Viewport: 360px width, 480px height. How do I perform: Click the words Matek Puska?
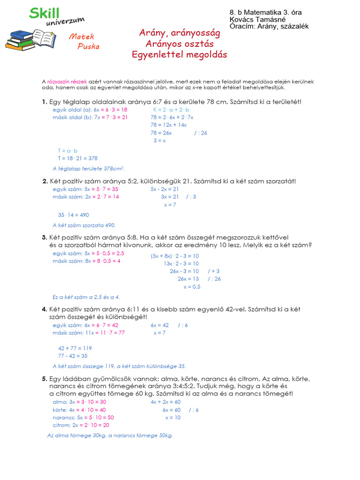84,41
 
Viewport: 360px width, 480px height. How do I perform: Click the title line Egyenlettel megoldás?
180,55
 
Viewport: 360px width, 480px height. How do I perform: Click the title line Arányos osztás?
180,44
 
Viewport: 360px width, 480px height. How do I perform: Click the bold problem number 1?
44,102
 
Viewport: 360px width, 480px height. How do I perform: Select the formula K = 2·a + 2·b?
173,110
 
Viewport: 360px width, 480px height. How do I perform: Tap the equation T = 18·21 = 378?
78,158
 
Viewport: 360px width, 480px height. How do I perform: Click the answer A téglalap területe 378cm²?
89,168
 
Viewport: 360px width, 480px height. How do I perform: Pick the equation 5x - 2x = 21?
165,189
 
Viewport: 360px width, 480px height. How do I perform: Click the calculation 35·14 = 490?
74,215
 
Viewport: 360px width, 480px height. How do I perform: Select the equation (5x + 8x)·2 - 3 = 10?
175,256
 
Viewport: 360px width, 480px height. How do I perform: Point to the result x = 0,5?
192,286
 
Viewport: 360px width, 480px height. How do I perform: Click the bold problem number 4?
44,309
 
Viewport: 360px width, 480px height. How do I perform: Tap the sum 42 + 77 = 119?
75,348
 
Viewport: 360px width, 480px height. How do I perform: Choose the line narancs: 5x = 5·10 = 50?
83,417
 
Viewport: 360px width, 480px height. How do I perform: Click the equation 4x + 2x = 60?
165,402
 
